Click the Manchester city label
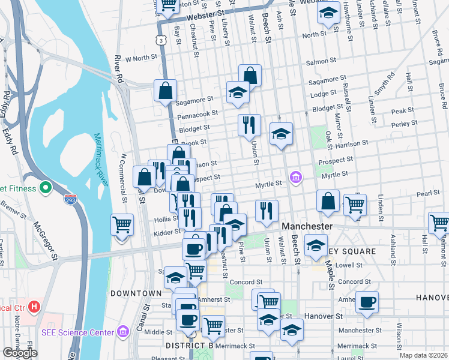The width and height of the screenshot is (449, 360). pyautogui.click(x=307, y=226)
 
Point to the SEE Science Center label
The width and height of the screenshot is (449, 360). pyautogui.click(x=77, y=332)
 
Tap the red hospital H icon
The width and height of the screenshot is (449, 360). pyautogui.click(x=34, y=307)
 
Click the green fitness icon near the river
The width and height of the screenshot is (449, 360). pyautogui.click(x=45, y=188)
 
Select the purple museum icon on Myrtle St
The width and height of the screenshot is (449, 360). pyautogui.click(x=295, y=177)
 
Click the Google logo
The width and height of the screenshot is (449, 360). pyautogui.click(x=20, y=353)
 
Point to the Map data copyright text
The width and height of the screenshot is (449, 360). pyautogui.click(x=424, y=355)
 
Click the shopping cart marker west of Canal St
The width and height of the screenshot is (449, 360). pyautogui.click(x=122, y=225)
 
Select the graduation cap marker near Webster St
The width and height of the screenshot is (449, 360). pyautogui.click(x=328, y=13)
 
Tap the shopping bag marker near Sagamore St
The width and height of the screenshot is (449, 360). pyautogui.click(x=165, y=91)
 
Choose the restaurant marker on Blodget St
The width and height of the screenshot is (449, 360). pyautogui.click(x=249, y=125)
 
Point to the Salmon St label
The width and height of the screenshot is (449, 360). pyautogui.click(x=321, y=61)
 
